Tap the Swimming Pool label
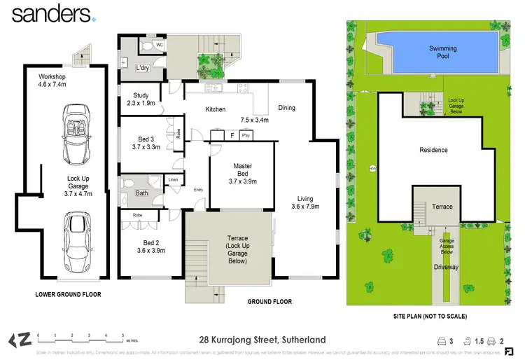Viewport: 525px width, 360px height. pos(442,52)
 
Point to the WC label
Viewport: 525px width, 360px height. pos(159,45)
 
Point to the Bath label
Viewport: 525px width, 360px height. pos(142,193)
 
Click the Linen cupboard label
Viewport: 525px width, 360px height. pos(174,180)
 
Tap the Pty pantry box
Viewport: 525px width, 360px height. pos(246,135)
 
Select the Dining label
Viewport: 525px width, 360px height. pos(286,108)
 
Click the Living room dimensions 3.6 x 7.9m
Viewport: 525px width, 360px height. pos(305,206)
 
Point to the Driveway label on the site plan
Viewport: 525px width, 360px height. pos(446,267)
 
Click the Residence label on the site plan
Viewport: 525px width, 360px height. pos(433,150)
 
